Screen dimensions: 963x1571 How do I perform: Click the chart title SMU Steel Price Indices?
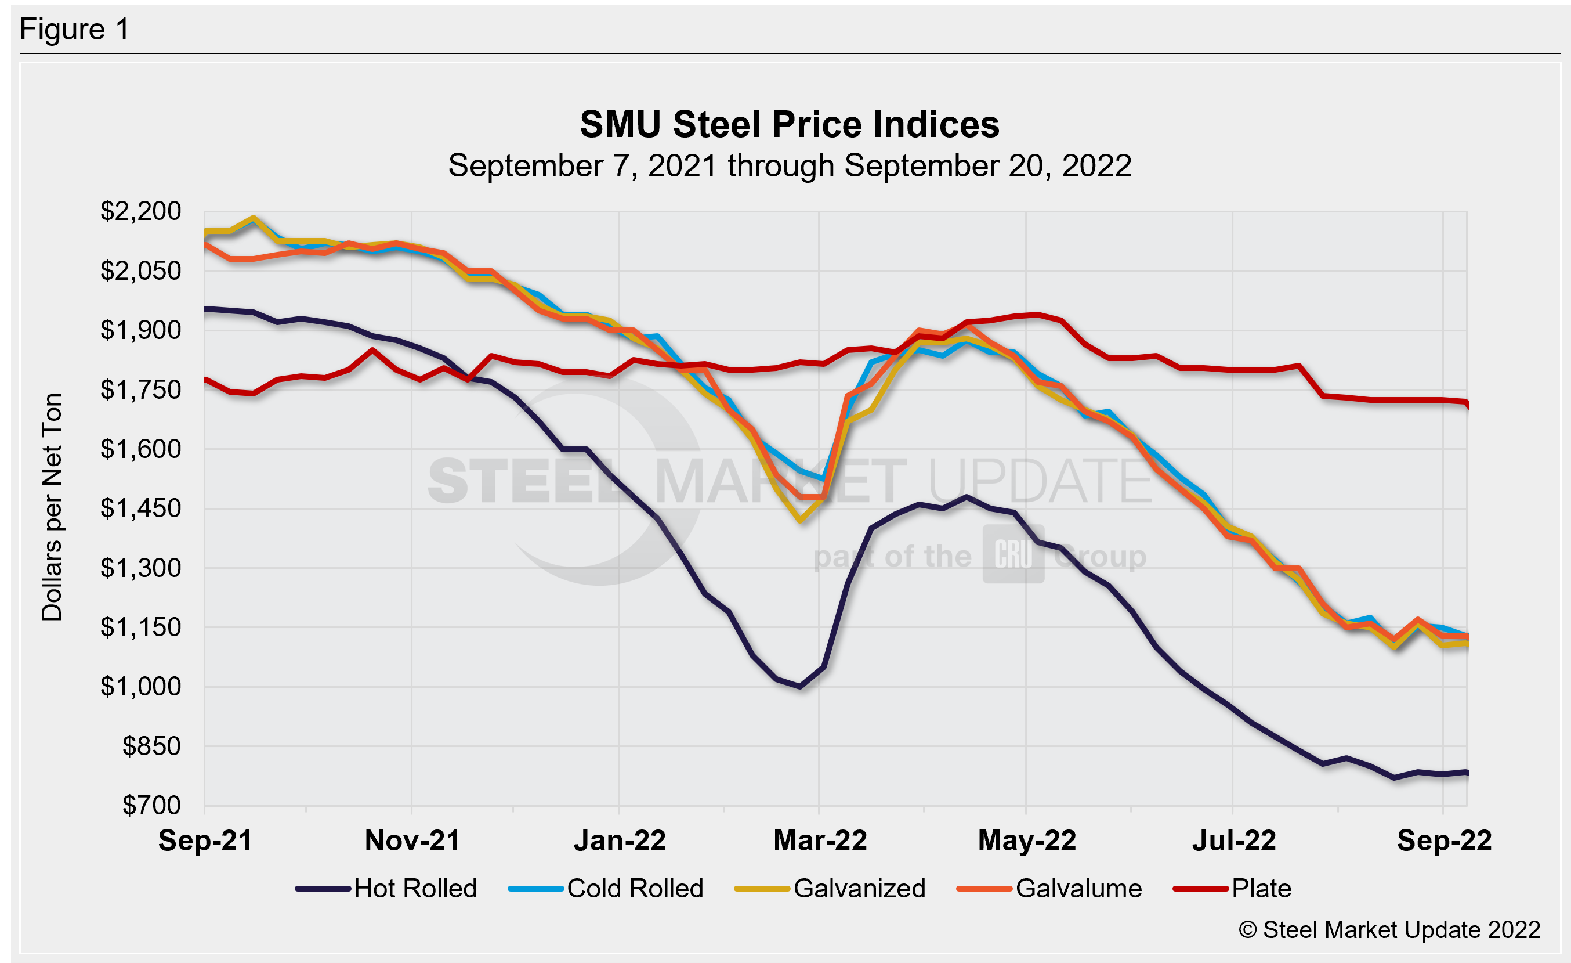790,124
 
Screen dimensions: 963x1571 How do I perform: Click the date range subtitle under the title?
790,166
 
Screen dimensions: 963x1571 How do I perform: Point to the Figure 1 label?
75,30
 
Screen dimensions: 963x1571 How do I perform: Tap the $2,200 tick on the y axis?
140,211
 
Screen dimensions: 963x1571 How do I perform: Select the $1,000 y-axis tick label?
140,687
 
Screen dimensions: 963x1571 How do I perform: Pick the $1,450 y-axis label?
140,508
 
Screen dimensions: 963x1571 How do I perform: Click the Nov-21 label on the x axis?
412,841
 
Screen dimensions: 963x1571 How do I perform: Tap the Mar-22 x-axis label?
820,841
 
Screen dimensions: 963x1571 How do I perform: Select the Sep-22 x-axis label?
1444,841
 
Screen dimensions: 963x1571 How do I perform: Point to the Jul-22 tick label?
1234,841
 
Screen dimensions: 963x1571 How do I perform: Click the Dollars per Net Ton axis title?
52,507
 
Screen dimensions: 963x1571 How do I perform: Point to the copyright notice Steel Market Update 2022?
1389,930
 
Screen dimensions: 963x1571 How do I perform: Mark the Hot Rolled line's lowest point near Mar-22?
800,687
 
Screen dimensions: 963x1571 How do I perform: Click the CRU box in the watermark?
1013,554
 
